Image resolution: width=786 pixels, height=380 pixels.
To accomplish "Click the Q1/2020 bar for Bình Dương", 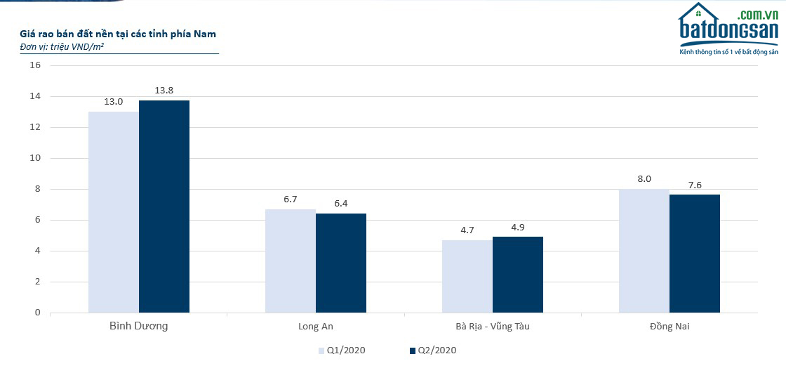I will [114, 211].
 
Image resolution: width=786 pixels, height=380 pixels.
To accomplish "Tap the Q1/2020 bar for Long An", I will [291, 261].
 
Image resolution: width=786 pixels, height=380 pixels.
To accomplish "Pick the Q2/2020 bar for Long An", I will [341, 263].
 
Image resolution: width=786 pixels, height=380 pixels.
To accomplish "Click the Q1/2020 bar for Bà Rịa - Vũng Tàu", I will [467, 276].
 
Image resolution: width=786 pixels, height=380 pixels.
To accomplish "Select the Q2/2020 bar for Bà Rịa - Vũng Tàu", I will [518, 275].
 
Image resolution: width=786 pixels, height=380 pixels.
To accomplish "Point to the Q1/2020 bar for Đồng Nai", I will [644, 251].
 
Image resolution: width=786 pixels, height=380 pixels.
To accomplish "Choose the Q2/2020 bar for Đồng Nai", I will [695, 254].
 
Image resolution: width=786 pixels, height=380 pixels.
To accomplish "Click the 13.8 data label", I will [164, 90].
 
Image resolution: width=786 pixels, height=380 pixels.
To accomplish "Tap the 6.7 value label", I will [291, 199].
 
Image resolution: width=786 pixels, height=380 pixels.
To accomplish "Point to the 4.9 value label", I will [518, 227].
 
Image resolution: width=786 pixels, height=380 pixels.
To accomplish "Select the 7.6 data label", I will [695, 185].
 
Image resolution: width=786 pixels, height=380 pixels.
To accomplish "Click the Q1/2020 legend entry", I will [342, 350].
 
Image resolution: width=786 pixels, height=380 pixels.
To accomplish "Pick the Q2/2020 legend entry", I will [432, 350].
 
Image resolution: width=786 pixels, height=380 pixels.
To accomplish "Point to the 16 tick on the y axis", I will [35, 65].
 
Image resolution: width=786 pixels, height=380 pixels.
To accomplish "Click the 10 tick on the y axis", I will [35, 158].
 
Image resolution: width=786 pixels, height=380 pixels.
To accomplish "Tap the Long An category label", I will [316, 327].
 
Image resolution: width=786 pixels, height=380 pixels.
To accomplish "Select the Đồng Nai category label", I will [670, 327].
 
